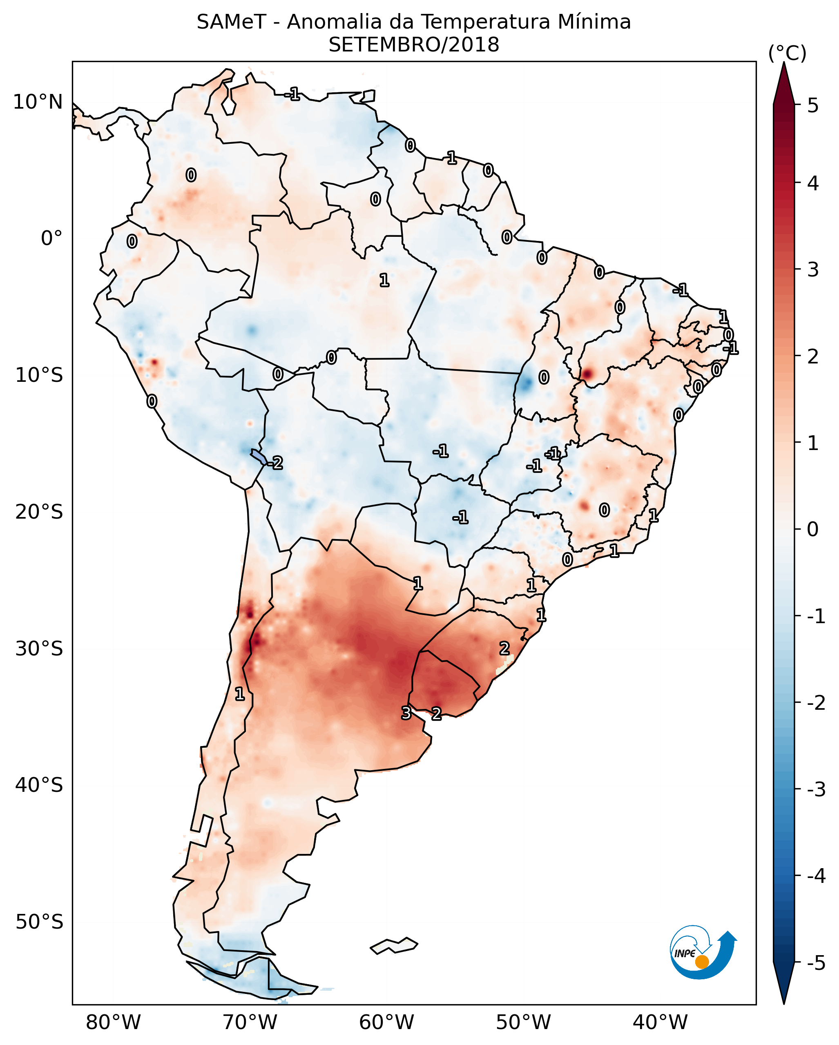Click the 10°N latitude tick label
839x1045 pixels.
[38, 102]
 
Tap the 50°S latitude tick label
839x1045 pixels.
[39, 922]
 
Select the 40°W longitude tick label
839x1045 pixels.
[660, 1022]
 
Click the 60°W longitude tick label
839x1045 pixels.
[386, 1022]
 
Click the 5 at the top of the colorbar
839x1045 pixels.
[813, 105]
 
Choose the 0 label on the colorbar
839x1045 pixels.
[813, 529]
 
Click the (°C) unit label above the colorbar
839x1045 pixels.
[787, 53]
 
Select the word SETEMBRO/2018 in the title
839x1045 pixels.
[414, 45]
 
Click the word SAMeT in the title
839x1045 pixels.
[231, 22]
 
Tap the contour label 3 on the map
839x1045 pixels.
[406, 713]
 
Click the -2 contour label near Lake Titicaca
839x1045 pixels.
[275, 463]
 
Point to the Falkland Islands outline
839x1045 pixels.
[394, 946]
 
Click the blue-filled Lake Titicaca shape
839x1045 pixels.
[258, 456]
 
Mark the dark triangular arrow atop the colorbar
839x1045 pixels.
[784, 82]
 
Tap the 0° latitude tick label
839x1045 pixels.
[51, 238]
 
